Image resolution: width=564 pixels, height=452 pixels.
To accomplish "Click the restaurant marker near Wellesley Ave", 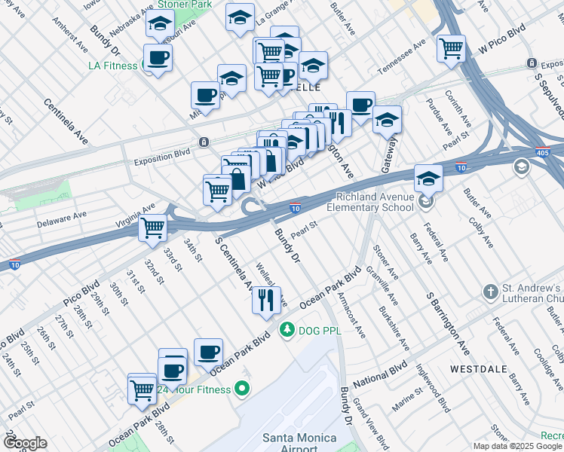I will point(266,301).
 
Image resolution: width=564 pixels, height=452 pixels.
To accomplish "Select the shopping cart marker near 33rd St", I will point(153,226).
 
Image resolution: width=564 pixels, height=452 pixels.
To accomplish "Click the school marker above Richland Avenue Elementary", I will point(428,179).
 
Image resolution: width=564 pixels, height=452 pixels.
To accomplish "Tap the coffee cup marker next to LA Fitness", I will point(158,57).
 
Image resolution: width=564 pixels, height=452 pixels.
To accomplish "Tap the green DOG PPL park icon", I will point(287,329).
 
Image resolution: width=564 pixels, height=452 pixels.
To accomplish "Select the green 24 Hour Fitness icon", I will point(241,389).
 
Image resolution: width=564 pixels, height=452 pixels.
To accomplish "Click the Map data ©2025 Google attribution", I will point(517,446).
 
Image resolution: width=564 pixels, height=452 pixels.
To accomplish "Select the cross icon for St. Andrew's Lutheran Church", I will point(490,292).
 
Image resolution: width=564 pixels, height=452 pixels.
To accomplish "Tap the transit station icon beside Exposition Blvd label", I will point(204,142).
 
